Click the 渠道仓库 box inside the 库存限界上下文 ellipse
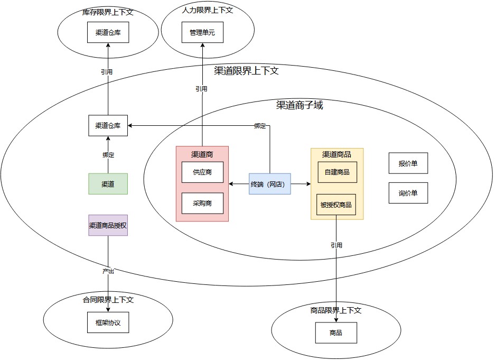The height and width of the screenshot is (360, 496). pos(108,33)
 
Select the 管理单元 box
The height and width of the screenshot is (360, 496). pos(202,33)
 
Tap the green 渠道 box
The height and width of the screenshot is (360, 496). pos(108,184)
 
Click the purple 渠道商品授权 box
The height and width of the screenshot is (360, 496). pos(108,225)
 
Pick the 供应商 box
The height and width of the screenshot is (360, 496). pos(202,172)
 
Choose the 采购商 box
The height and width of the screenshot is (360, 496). pos(202,203)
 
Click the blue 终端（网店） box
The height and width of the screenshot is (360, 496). pos(270,184)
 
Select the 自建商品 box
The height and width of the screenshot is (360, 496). pos(337,172)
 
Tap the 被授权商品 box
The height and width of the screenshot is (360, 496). pos(336,205)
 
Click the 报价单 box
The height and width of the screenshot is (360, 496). pos(408,163)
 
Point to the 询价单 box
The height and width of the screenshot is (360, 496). pos(408,193)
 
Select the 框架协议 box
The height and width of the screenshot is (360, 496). pos(108,322)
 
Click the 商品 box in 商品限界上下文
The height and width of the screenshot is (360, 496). pos(336,333)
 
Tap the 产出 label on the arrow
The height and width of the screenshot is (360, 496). pos(108,271)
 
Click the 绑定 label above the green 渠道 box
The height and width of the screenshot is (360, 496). pos(108,155)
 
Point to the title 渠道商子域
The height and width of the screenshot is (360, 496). pos(300,105)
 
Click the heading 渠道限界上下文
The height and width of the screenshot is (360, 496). pos(246,71)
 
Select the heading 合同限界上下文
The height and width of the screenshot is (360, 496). pos(108,300)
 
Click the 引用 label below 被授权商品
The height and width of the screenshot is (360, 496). pos(336,245)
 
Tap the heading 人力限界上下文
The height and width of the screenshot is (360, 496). pos(207,10)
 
